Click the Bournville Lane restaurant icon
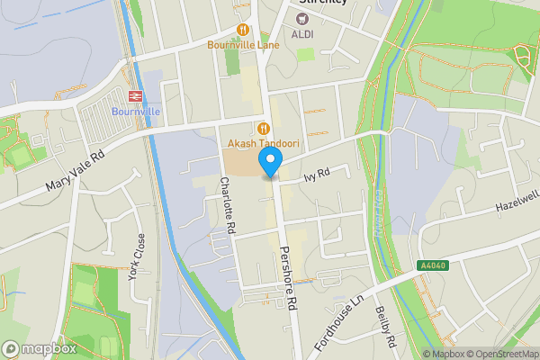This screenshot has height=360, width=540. [x=243, y=29]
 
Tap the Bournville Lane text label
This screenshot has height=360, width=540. [x=243, y=44]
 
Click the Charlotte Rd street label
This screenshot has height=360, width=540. [x=227, y=205]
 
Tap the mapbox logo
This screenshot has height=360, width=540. [x=39, y=348]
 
